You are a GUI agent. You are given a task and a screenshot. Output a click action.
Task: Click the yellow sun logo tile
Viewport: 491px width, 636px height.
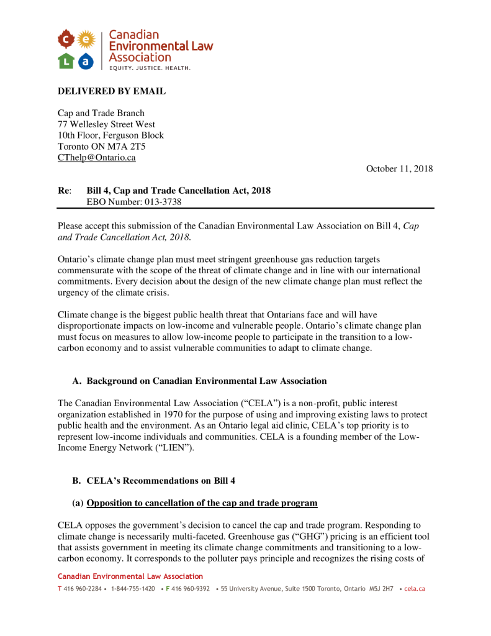coord(86,39)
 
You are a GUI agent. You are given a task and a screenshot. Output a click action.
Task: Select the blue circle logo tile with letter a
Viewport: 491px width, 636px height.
coord(86,60)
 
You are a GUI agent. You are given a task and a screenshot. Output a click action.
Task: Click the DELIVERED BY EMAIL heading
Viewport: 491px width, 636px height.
coord(112,91)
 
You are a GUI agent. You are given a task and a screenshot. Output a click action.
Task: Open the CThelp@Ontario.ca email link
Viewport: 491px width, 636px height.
coord(96,158)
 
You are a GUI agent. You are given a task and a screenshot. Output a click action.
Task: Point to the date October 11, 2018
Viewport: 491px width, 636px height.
coord(399,169)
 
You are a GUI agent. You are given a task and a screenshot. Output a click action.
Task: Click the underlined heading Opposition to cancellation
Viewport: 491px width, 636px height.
coord(202,502)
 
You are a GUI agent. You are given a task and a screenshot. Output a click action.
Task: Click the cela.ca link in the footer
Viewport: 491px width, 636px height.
coord(415,588)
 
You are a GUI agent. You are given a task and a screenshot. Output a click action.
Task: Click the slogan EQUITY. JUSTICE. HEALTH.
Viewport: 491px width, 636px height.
coord(150,67)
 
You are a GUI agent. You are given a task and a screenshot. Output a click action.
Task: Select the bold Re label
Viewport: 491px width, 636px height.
coord(64,190)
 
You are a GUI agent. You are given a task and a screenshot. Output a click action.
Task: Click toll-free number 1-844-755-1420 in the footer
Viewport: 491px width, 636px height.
coord(133,588)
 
